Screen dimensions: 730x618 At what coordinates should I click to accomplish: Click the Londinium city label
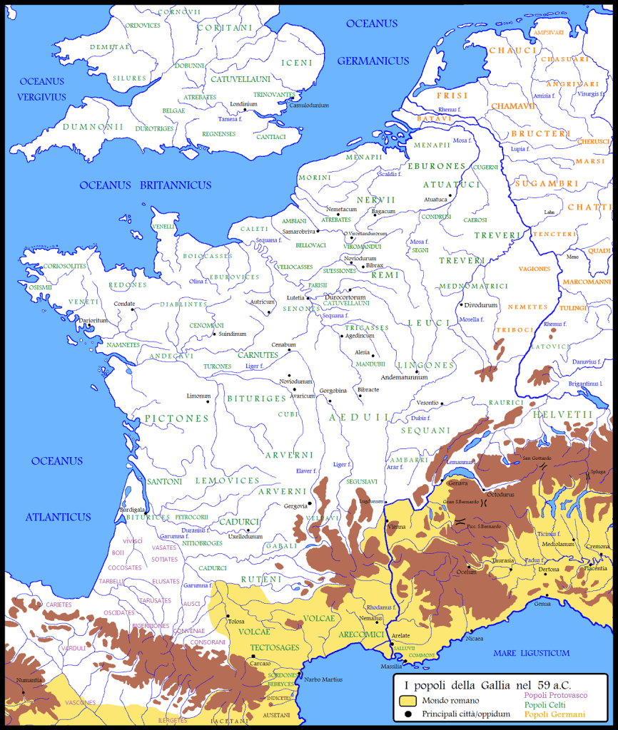(x=243, y=103)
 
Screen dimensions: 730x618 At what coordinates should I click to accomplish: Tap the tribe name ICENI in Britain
(x=297, y=62)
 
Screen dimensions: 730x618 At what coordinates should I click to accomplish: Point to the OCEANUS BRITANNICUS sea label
(x=145, y=185)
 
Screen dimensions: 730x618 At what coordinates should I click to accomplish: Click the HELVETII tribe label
(x=566, y=414)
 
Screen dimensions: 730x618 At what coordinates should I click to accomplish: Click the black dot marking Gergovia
(x=310, y=503)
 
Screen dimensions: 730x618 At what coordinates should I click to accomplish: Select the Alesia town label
(x=363, y=352)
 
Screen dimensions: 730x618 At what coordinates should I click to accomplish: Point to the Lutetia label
(x=295, y=297)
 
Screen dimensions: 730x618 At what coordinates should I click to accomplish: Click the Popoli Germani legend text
(x=554, y=714)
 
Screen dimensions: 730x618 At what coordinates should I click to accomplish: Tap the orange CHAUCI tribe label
(x=512, y=51)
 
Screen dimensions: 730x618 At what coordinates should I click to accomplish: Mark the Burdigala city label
(x=138, y=510)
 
